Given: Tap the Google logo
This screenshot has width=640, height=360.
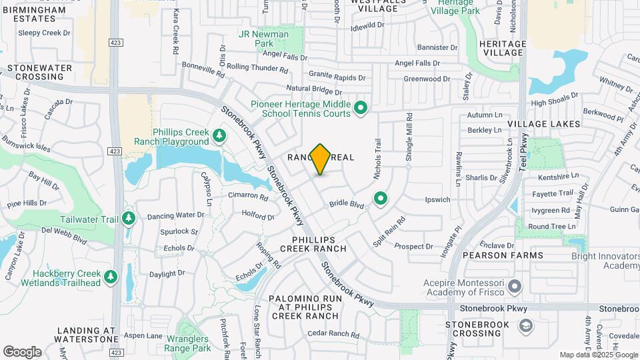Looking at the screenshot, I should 22,352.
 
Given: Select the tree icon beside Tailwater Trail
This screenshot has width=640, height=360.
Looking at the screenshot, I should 127,218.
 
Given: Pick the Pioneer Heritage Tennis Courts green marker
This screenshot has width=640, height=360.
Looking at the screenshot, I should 361,107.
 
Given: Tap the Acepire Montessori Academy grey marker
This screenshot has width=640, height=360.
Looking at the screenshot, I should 515,287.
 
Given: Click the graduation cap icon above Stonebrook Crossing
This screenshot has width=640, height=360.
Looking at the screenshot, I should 525,325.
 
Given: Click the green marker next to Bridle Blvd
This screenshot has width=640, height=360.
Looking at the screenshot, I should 381,198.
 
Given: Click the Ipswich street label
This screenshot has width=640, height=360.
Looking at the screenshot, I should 437,199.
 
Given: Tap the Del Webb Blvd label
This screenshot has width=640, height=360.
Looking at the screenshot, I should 64,235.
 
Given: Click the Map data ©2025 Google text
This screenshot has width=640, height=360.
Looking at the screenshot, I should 599,355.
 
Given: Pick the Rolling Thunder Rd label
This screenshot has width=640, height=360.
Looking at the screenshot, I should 257,67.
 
